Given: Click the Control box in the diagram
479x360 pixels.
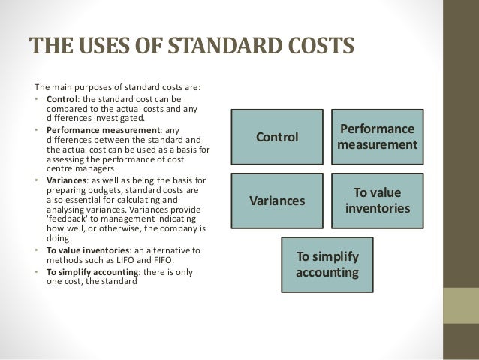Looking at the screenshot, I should click(x=278, y=138).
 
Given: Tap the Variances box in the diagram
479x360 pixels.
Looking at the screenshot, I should click(x=278, y=202).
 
